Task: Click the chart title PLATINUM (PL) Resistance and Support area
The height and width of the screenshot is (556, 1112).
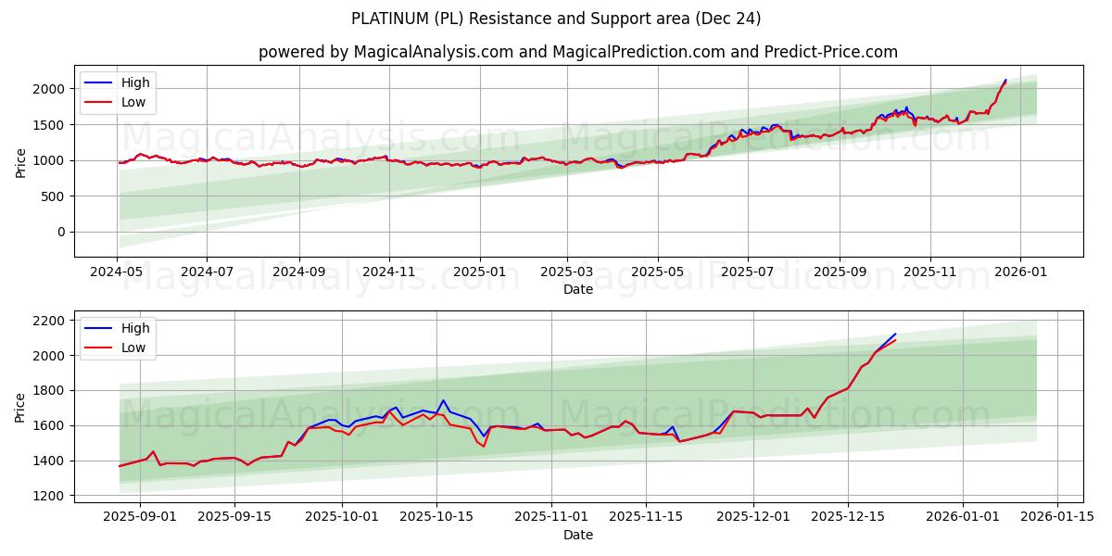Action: [556, 19]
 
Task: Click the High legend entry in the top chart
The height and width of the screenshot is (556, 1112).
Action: [135, 82]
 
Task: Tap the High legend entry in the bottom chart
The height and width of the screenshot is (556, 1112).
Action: [135, 328]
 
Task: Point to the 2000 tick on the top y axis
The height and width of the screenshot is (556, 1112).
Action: [52, 89]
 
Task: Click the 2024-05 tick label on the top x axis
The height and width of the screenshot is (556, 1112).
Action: [117, 273]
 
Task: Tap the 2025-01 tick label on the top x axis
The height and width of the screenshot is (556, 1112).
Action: [479, 273]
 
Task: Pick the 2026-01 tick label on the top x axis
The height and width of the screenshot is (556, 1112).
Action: [1020, 273]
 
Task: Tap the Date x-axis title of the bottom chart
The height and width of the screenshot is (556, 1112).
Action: [578, 536]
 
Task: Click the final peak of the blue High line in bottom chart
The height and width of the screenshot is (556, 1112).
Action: [895, 334]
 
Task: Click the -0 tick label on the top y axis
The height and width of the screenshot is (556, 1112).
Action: [61, 233]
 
